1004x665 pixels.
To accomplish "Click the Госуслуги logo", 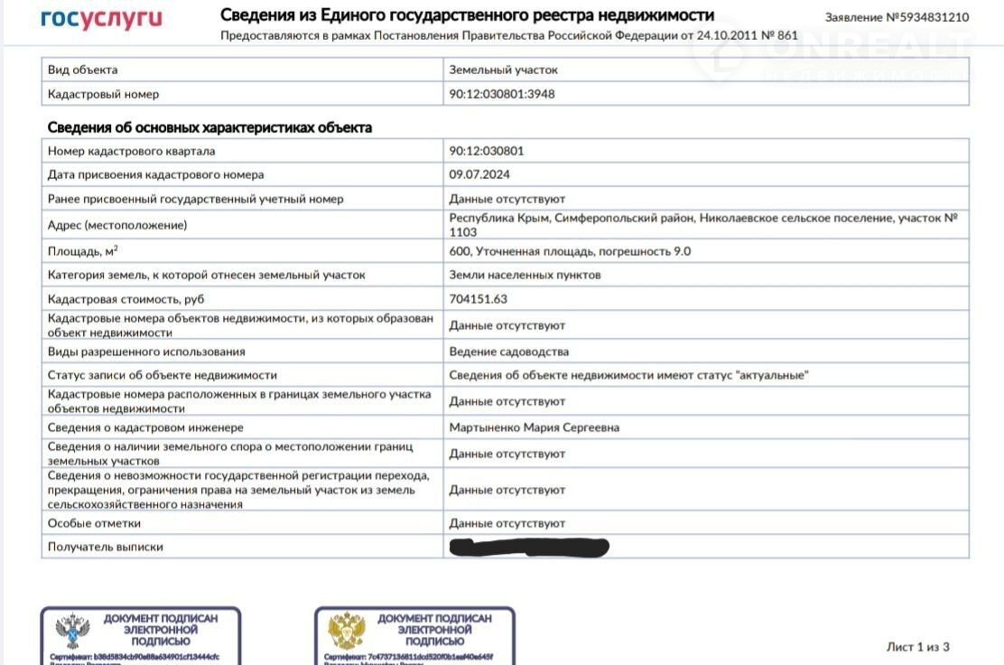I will (x=101, y=19).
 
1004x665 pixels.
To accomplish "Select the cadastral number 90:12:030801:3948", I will (x=502, y=94).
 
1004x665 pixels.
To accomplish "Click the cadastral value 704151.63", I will (x=479, y=299).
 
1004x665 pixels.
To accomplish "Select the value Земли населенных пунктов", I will (x=525, y=275).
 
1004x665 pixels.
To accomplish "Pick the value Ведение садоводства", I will (x=509, y=351).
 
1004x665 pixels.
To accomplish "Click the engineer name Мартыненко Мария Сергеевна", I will (x=535, y=427).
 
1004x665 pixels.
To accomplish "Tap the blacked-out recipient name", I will (x=529, y=547).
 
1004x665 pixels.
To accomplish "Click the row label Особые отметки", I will (x=94, y=523).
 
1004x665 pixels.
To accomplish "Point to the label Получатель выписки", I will (x=106, y=547).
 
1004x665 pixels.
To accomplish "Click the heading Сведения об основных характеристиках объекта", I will (x=209, y=127).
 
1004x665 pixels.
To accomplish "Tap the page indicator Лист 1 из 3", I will (x=918, y=647).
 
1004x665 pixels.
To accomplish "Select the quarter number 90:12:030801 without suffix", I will (x=487, y=151).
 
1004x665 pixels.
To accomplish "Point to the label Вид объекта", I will (x=82, y=70).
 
